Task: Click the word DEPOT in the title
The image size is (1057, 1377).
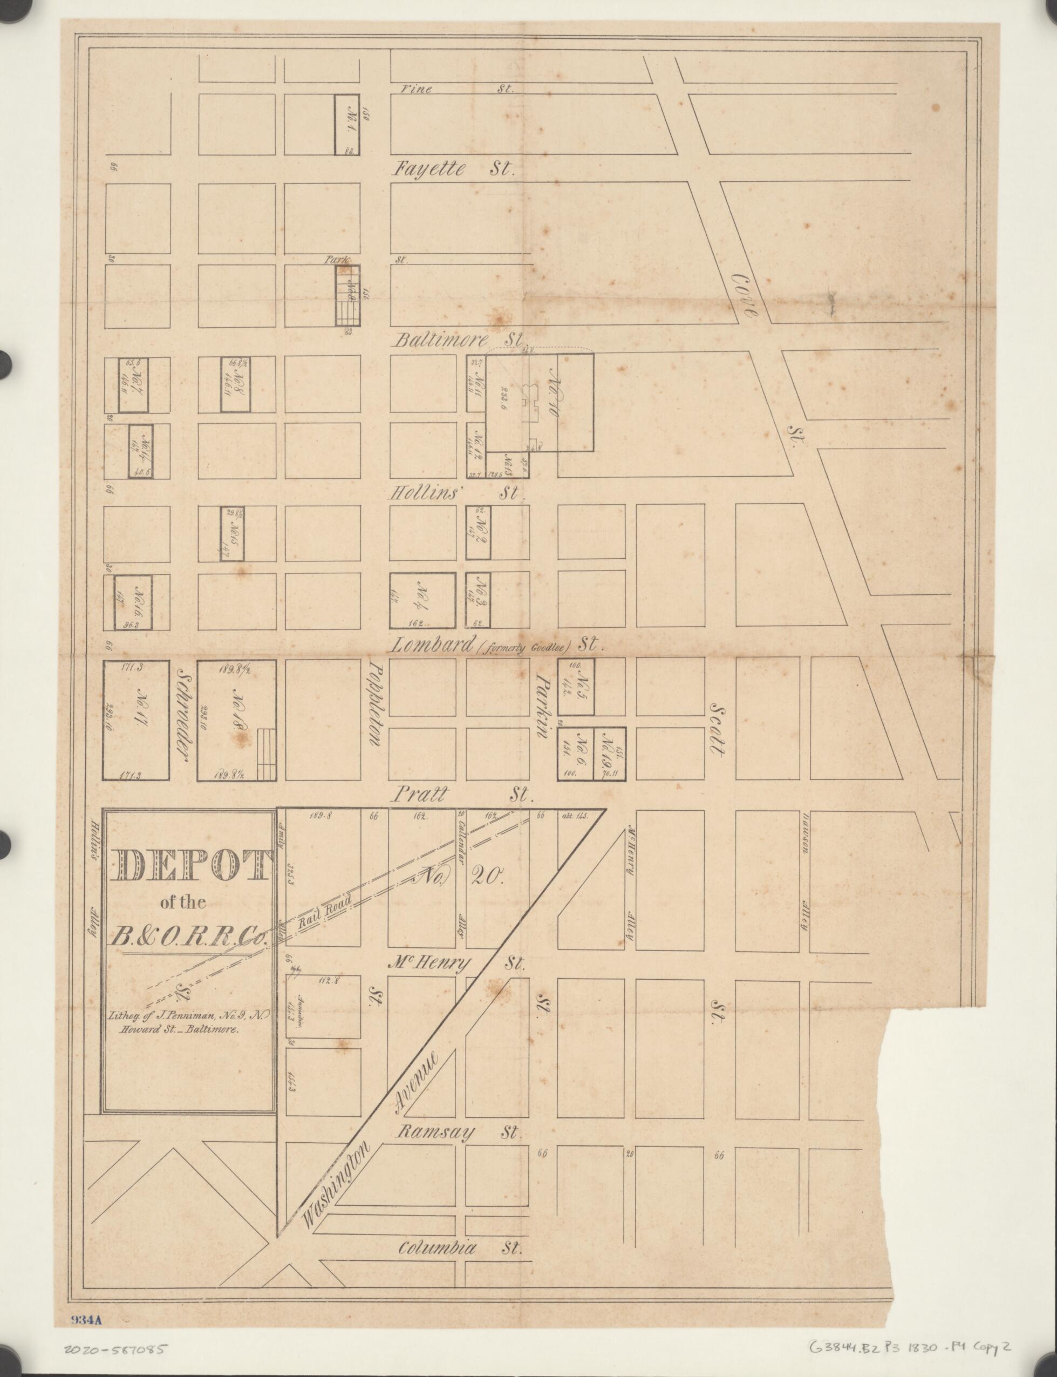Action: coord(188,866)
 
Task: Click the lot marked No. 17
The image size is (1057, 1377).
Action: coord(136,720)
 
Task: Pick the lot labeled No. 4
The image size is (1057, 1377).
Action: coord(422,600)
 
